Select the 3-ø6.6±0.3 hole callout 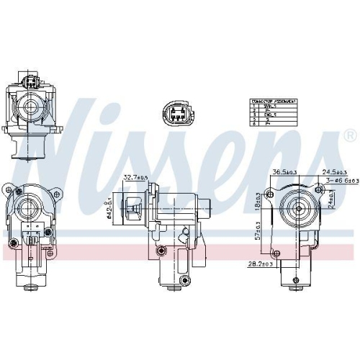341,191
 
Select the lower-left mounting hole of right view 275,251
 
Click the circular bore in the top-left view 32,106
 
